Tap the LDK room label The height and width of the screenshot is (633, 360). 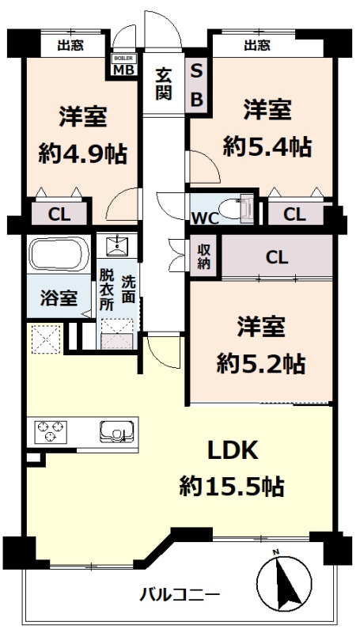click(233, 450)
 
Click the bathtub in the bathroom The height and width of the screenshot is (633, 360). click(59, 254)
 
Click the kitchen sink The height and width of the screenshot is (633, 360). click(116, 431)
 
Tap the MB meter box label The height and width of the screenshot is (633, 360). click(124, 69)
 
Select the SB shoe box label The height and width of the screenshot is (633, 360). click(196, 86)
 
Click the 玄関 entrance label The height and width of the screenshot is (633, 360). click(164, 84)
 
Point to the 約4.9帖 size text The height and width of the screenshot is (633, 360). click(83, 154)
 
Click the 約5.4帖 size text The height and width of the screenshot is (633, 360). click(267, 147)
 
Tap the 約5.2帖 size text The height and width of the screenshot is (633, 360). click(261, 364)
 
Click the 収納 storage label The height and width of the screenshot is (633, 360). click(203, 256)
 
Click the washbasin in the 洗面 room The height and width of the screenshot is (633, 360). click(117, 244)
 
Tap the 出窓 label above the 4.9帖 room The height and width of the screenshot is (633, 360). click(70, 46)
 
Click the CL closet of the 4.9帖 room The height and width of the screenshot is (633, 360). click(59, 214)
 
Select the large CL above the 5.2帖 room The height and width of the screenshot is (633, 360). click(277, 256)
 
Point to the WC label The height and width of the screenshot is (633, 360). click(205, 218)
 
